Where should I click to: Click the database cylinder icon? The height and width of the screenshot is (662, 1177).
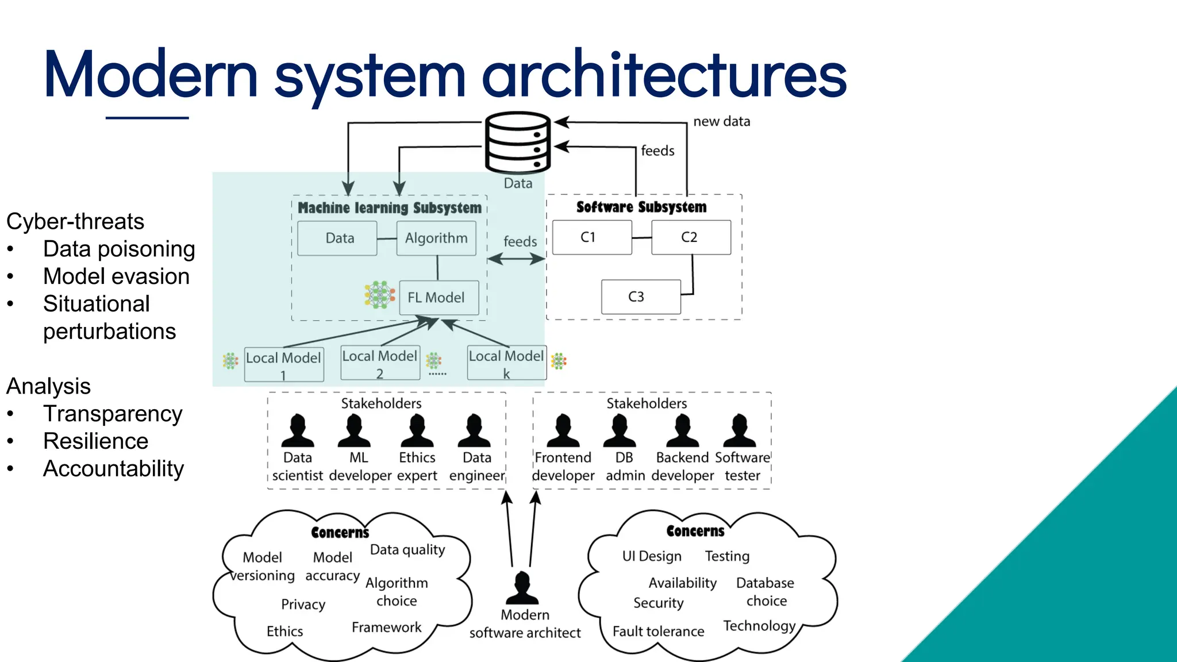click(518, 143)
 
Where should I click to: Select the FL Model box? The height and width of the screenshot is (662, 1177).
click(439, 297)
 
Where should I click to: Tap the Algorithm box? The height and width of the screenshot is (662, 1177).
click(436, 238)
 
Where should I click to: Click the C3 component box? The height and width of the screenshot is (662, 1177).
click(641, 297)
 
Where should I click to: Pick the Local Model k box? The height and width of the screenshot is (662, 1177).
click(506, 363)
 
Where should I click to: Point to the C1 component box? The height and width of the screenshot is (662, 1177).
click(592, 237)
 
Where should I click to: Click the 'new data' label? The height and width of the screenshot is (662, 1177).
click(721, 121)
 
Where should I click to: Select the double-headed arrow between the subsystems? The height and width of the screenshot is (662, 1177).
click(516, 259)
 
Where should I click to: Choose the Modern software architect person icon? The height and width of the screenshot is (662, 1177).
click(522, 587)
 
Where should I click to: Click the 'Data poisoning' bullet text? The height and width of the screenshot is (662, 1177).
click(119, 249)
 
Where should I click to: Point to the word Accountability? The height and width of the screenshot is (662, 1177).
click(113, 468)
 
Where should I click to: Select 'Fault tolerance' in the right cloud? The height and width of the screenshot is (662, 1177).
click(658, 631)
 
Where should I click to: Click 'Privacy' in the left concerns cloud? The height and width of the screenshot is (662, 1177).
click(303, 604)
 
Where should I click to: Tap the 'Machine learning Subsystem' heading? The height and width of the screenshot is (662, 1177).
click(390, 207)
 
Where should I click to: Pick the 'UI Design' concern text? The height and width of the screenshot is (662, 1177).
click(652, 556)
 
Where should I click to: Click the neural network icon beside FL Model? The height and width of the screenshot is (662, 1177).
click(379, 295)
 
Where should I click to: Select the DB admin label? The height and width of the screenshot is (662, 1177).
click(625, 467)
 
